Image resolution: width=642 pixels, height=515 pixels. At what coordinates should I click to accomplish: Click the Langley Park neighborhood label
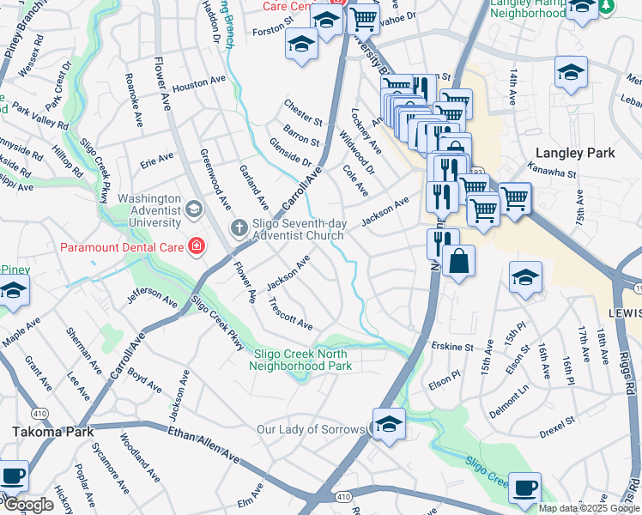click(x=574, y=153)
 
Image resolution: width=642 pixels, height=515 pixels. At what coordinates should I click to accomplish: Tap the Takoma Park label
click(x=51, y=432)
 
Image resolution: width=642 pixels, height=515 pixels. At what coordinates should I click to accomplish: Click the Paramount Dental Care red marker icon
click(x=197, y=247)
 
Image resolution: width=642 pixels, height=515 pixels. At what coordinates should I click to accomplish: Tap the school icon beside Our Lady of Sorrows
click(x=389, y=425)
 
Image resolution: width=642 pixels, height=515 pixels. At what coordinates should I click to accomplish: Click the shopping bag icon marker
click(x=459, y=260)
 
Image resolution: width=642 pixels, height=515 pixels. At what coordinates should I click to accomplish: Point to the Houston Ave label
click(x=197, y=87)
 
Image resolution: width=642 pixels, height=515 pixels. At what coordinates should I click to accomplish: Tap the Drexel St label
click(x=556, y=427)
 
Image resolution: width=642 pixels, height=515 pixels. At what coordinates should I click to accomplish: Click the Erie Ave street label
click(x=156, y=159)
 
